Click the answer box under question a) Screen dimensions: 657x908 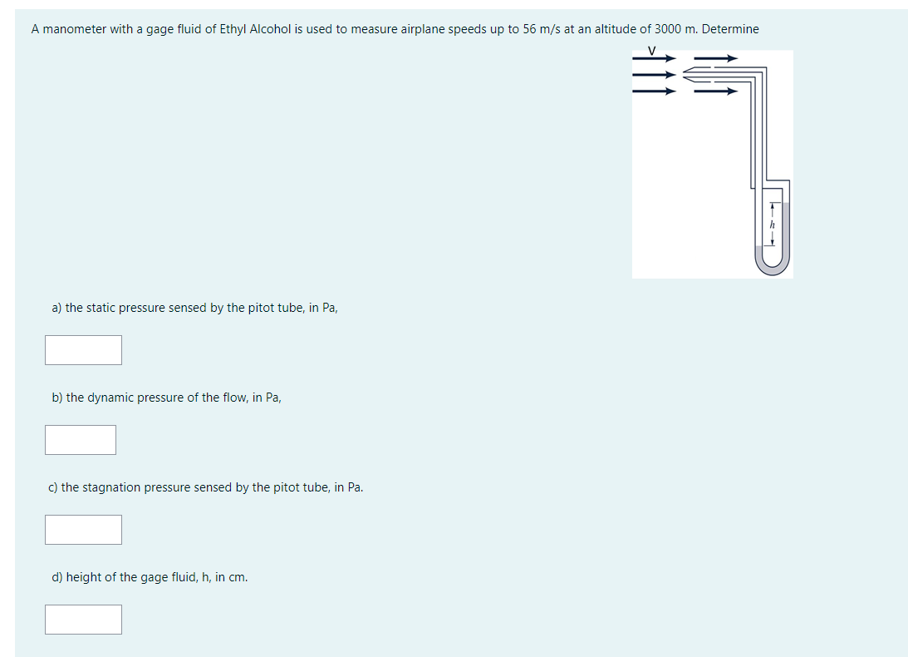[x=83, y=350]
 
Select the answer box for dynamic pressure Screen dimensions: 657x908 [x=81, y=440]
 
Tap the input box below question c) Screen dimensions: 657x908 [x=83, y=530]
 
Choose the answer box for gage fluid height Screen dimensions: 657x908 [x=83, y=620]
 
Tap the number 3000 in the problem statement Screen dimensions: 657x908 [x=669, y=29]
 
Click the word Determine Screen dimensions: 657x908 [x=730, y=29]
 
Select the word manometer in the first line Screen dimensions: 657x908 [x=75, y=29]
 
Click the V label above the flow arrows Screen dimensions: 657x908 [x=652, y=51]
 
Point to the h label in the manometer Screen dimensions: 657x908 [x=772, y=225]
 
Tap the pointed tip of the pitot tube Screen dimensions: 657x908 [x=685, y=75]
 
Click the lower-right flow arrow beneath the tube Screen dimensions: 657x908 [x=715, y=91]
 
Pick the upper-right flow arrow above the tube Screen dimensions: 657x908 [x=715, y=59]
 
